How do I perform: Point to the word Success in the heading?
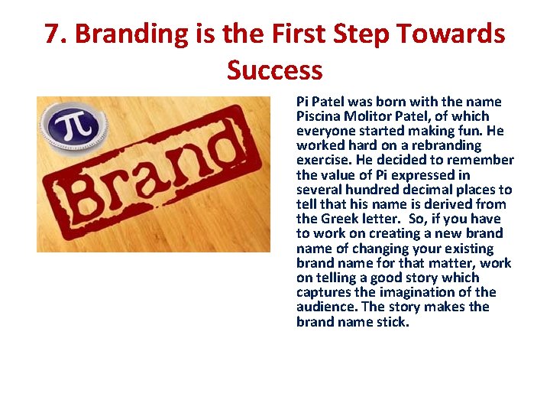(x=274, y=70)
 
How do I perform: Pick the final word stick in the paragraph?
(x=394, y=321)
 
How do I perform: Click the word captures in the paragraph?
(x=324, y=292)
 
